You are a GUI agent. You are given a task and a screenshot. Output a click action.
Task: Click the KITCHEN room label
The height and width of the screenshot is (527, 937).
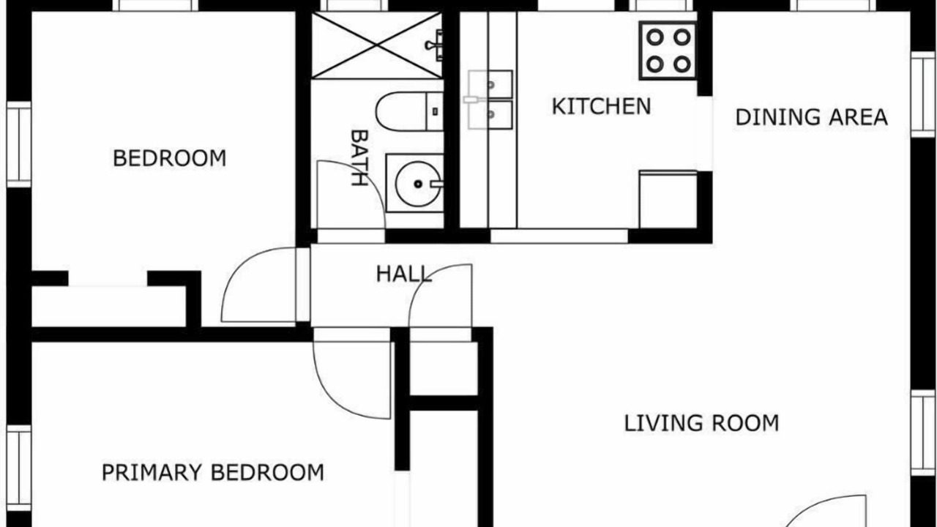tap(602, 106)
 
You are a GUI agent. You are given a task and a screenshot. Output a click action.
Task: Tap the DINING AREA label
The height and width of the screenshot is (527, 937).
tap(812, 117)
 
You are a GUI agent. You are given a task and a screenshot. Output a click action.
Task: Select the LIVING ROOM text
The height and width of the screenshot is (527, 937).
tap(701, 423)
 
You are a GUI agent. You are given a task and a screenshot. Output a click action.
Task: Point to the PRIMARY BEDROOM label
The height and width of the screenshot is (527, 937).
tap(213, 473)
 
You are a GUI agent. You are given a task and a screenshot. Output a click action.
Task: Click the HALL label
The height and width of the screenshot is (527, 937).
tap(403, 274)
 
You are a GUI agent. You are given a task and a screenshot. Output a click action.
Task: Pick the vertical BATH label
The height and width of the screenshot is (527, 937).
tap(359, 157)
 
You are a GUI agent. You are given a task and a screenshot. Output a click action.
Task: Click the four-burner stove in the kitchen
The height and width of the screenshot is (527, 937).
tap(668, 51)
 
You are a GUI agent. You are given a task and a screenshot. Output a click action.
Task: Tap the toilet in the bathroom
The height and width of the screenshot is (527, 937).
tap(409, 112)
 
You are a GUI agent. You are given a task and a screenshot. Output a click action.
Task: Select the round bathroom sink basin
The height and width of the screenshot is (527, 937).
tap(418, 184)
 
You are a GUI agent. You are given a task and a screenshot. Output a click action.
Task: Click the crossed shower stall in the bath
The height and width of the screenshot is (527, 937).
tap(377, 45)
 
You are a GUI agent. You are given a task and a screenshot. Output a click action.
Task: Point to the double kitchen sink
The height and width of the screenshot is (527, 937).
tap(490, 100)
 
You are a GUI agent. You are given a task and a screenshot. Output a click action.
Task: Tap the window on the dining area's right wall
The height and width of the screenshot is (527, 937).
tap(923, 95)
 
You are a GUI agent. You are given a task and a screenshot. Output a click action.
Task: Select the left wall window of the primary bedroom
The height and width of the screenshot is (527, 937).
tap(19, 468)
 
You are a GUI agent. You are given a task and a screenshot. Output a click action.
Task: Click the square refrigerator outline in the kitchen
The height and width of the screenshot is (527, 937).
tap(668, 199)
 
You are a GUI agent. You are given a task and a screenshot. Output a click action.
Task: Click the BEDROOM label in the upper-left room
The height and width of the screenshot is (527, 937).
tap(169, 158)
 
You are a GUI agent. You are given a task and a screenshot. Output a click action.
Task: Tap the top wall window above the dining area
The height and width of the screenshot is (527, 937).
tap(833, 5)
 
